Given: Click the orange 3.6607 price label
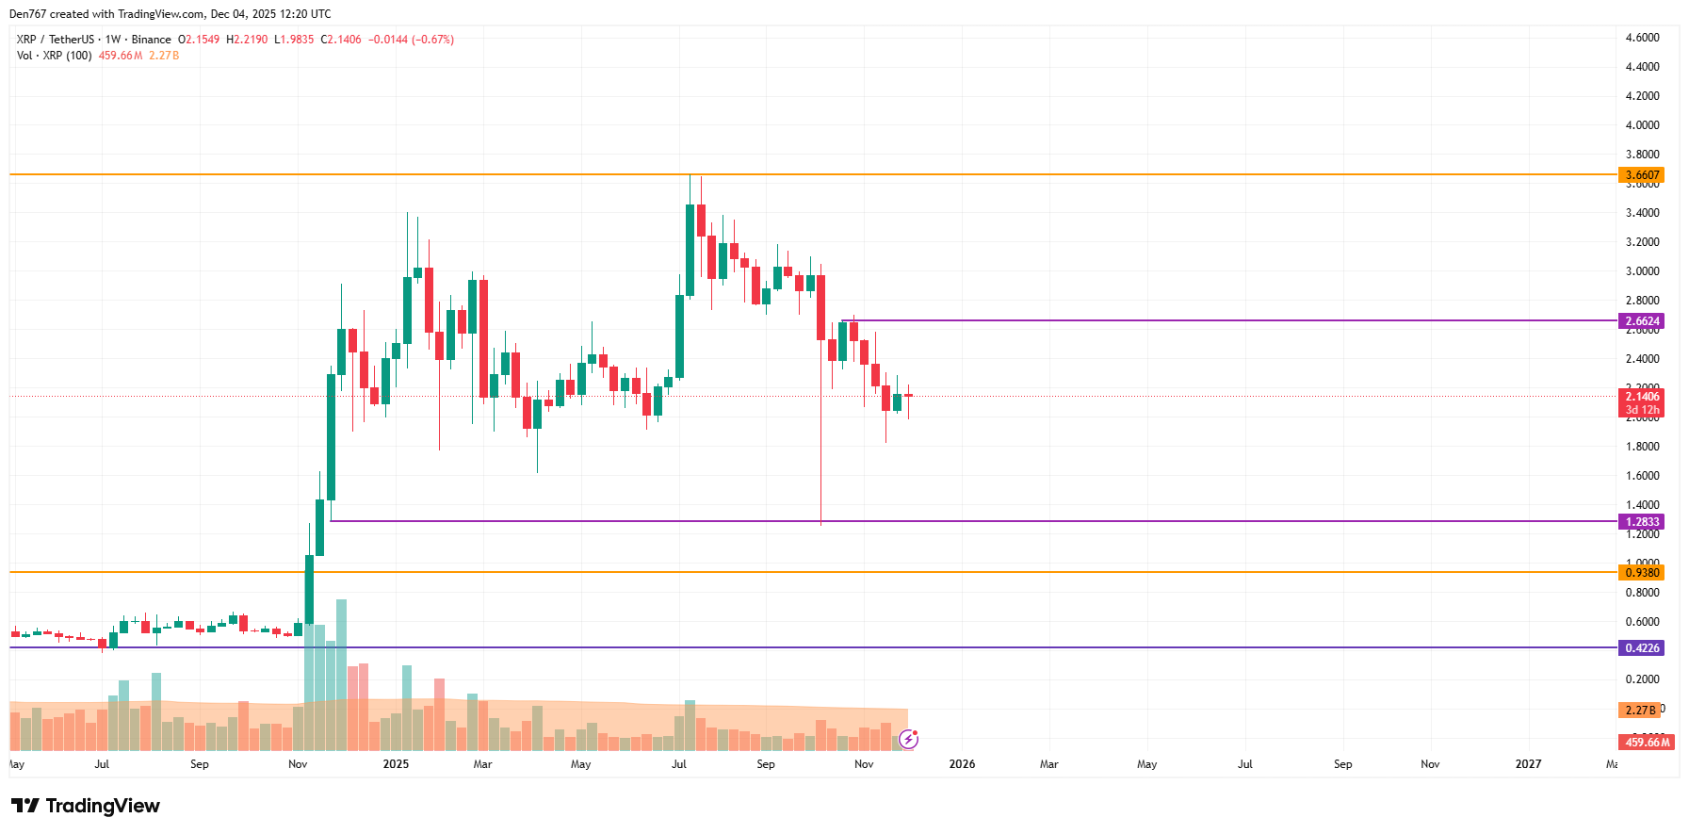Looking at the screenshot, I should (1641, 175).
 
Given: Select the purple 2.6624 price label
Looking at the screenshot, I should (1641, 321).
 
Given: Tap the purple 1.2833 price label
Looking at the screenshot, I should (1641, 522).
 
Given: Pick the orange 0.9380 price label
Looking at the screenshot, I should (1641, 573).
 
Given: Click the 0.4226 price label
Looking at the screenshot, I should (1641, 648).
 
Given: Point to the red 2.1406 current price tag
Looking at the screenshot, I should (1641, 397).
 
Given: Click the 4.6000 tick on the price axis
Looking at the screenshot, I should (1642, 38).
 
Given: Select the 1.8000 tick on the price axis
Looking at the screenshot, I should (1642, 447).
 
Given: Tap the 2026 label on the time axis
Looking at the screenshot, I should (962, 764).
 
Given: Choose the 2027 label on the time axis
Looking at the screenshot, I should (1528, 764).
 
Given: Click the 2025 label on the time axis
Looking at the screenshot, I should (396, 764).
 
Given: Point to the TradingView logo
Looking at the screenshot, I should (86, 806).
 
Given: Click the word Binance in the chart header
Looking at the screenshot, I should (151, 40).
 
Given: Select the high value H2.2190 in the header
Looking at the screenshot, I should (247, 40).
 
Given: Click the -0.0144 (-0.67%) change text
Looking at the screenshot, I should (411, 40).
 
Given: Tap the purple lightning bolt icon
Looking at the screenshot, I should (908, 739).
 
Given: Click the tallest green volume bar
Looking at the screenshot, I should (341, 674).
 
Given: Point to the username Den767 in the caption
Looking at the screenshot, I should (27, 14).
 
